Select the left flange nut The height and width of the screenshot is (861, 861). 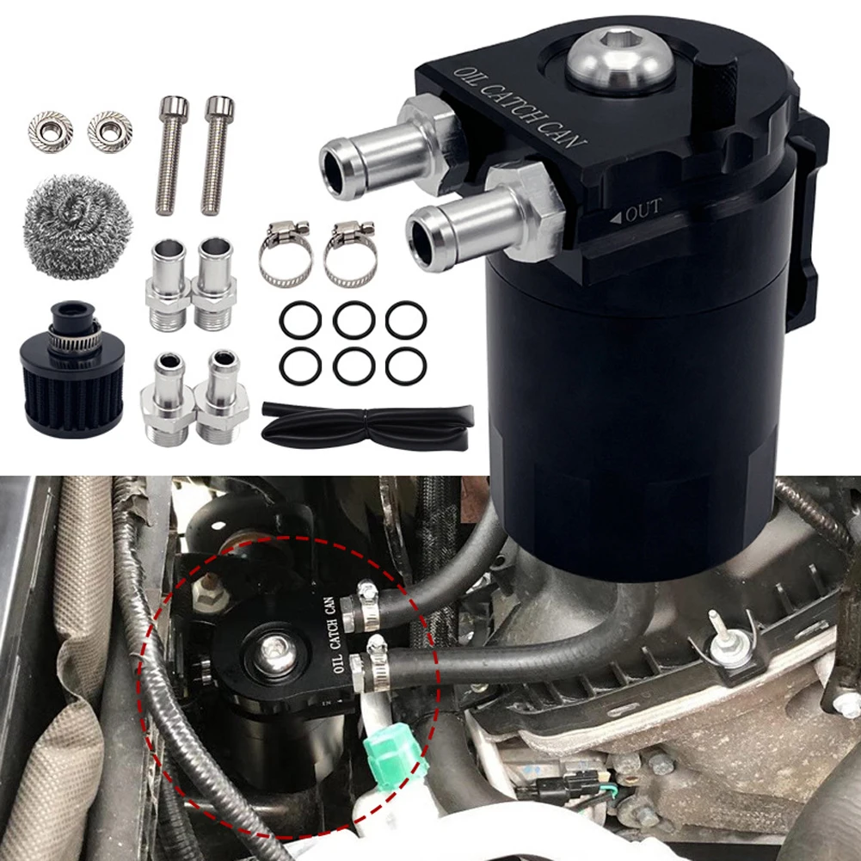(50, 131)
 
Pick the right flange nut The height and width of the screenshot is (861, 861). (109, 131)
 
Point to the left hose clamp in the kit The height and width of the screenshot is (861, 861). (286, 255)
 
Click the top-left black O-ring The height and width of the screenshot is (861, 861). (300, 321)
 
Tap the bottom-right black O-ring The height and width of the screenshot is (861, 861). (406, 367)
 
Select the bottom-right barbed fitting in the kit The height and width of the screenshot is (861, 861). (222, 396)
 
